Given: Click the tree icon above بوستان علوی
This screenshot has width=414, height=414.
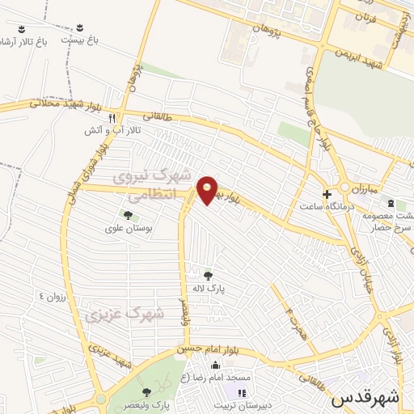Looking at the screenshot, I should tap(127, 214).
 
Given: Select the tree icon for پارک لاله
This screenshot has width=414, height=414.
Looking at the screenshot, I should tap(209, 275).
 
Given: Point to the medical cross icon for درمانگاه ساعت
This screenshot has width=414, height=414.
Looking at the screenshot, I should tap(327, 195).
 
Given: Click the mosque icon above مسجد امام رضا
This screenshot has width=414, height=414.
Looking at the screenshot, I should tap(214, 365).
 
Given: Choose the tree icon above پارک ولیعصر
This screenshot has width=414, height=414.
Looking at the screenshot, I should tap(146, 391).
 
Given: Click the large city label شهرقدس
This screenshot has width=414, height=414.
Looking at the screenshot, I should tap(365, 398).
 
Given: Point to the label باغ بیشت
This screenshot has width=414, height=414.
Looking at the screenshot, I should tap(82, 38).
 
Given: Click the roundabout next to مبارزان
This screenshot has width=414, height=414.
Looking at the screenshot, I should tap(344, 188).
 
